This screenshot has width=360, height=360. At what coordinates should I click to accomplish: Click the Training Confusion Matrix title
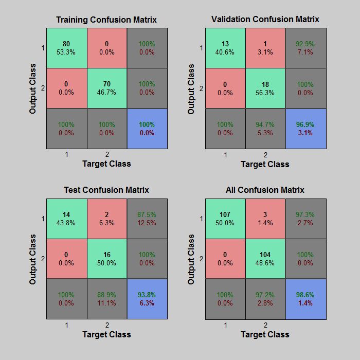(106, 20)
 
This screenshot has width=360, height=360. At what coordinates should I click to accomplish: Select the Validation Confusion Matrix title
(265, 19)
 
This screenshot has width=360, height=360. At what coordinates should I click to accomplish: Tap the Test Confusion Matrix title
(106, 190)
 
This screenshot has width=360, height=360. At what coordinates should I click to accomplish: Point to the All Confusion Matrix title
(265, 190)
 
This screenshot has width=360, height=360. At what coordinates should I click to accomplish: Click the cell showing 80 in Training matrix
(66, 48)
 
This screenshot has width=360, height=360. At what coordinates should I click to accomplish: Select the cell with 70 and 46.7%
(106, 88)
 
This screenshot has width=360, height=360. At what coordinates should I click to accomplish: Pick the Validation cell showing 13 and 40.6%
(225, 48)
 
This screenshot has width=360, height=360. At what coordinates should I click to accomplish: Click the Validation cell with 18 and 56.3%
(265, 88)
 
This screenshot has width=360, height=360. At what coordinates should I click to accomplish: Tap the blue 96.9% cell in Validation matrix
(305, 129)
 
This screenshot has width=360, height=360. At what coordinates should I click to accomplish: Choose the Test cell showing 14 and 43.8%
(66, 219)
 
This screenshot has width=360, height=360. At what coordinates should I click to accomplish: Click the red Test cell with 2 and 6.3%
(106, 219)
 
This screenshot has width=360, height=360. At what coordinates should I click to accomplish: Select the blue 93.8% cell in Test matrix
(147, 299)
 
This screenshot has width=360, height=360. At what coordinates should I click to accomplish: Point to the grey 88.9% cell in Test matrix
(106, 299)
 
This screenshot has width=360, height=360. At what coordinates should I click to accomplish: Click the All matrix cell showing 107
(225, 219)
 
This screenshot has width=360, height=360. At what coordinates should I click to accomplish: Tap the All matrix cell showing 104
(265, 259)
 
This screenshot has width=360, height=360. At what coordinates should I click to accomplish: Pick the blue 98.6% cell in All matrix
(305, 299)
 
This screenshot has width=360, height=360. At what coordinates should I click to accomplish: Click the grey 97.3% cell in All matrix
(305, 219)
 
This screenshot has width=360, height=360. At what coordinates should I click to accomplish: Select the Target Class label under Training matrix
(106, 164)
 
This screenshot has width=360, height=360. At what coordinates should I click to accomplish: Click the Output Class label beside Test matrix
(33, 259)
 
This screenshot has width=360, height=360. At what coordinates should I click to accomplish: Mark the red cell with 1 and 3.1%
(265, 48)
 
